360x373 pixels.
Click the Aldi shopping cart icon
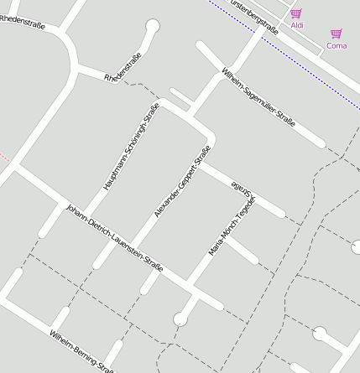pyautogui.click(x=296, y=13)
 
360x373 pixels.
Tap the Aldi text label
pyautogui.click(x=297, y=26)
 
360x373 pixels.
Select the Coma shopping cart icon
pyautogui.click(x=337, y=34)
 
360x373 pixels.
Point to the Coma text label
pyautogui.click(x=337, y=46)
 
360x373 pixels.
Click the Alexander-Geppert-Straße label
pyautogui.click(x=182, y=182)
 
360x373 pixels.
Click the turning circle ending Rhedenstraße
pyautogui.click(x=152, y=26)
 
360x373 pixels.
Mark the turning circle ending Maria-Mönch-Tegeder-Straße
pyautogui.click(x=180, y=319)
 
